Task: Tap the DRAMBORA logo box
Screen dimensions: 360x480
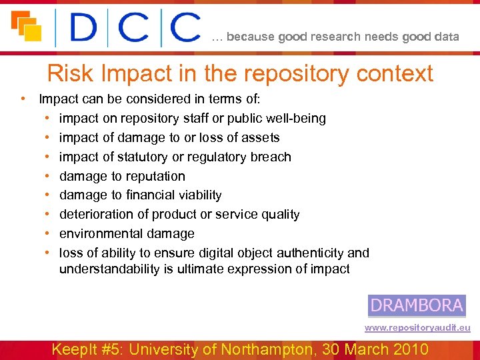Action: (x=417, y=305)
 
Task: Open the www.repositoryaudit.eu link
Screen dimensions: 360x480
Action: (x=417, y=327)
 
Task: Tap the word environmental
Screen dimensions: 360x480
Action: (x=101, y=234)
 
